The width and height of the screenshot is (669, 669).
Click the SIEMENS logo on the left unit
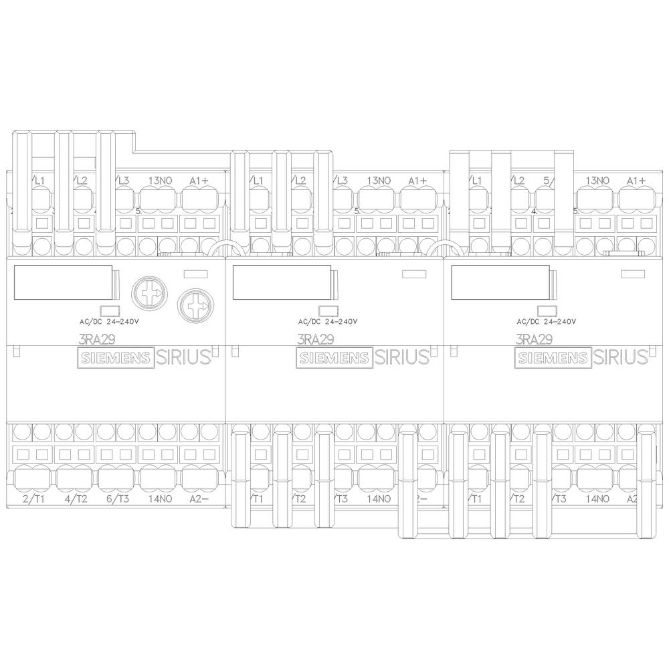116,358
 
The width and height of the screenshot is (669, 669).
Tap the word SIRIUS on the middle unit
402,357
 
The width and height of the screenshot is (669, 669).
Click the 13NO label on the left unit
160,181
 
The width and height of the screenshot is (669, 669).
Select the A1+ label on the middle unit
417,181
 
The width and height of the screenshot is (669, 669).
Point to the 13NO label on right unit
597,181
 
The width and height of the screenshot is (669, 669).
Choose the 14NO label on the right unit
597,498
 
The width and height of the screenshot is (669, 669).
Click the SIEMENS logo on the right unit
551,358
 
